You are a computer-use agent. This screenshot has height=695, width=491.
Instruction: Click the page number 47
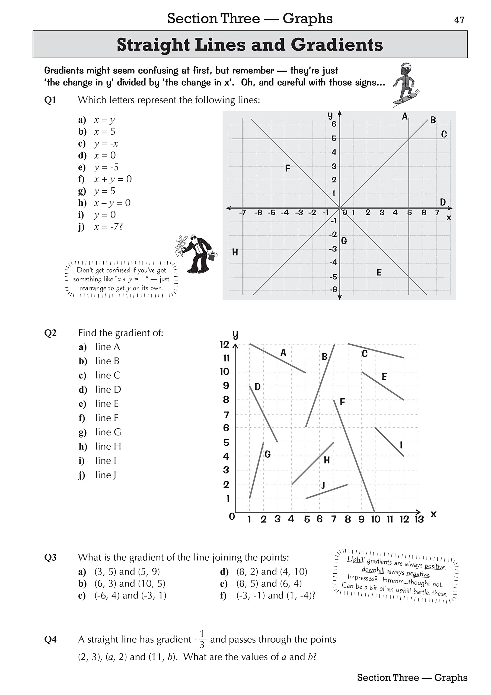pyautogui.click(x=459, y=20)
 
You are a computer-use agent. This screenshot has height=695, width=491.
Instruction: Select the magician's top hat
pyautogui.click(x=213, y=256)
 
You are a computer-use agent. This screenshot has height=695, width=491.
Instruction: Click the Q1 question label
pyautogui.click(x=50, y=100)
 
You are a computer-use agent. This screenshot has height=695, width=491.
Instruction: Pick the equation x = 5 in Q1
pyautogui.click(x=104, y=132)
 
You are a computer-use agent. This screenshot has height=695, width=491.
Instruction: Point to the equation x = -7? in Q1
pyautogui.click(x=108, y=227)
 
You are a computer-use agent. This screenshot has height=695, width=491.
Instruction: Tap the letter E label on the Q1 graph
pyautogui.click(x=379, y=272)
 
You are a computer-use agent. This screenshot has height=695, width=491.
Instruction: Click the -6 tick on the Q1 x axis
pyautogui.click(x=258, y=213)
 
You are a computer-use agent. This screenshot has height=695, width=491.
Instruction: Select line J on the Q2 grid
pyautogui.click(x=327, y=491)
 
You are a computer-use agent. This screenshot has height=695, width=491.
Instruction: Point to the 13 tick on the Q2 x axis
pyautogui.click(x=419, y=519)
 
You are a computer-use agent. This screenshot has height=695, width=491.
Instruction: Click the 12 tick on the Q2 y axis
pyautogui.click(x=224, y=345)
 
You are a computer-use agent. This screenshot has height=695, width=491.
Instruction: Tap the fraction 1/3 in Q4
pyautogui.click(x=202, y=639)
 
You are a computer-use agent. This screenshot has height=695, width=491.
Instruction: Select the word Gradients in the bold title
pyautogui.click(x=337, y=45)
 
